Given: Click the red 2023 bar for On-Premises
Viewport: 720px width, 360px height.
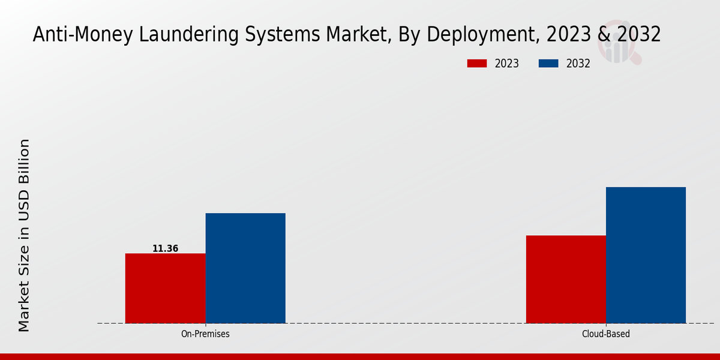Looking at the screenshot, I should click(x=165, y=288).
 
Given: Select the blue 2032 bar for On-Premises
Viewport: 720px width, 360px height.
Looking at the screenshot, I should click(x=245, y=268).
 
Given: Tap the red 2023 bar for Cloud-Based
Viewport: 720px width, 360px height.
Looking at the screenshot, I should click(x=566, y=279).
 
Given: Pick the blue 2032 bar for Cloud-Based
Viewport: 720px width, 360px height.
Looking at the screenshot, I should click(x=646, y=255).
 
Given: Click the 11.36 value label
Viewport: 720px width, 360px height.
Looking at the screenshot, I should click(x=165, y=248).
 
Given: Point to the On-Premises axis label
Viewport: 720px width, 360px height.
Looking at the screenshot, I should click(x=205, y=334).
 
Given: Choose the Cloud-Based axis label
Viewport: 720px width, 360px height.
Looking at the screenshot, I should click(x=606, y=334).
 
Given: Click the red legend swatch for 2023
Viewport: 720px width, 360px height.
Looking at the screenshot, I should click(x=478, y=64).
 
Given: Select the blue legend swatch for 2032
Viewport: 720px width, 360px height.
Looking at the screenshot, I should click(x=549, y=64).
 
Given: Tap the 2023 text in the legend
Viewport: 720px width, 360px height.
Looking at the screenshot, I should click(x=507, y=64).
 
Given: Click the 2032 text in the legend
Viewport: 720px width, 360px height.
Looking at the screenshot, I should click(x=578, y=64).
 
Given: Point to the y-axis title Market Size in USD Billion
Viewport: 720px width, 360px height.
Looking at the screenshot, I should click(x=24, y=235).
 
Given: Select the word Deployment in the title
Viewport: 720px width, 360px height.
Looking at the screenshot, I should click(x=465, y=35).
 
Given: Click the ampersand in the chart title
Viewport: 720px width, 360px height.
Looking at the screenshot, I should click(x=604, y=35).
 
